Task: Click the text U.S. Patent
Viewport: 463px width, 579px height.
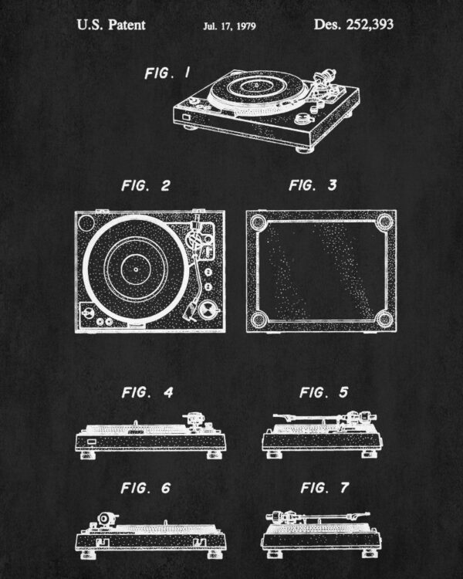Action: tap(111, 25)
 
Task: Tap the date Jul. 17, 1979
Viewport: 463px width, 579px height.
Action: tap(229, 25)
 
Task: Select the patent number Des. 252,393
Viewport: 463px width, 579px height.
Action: tap(353, 25)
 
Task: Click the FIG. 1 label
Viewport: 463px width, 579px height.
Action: tap(168, 73)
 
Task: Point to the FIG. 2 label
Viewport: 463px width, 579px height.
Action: tap(146, 185)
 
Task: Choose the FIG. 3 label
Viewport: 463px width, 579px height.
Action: tap(313, 185)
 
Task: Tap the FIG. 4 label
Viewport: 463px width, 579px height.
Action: tap(147, 392)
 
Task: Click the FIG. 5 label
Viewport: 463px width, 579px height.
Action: tap(324, 392)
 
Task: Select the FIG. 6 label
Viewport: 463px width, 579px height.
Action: tap(146, 488)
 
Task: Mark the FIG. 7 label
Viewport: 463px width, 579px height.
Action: tap(325, 488)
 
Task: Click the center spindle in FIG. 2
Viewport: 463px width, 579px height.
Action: tap(136, 269)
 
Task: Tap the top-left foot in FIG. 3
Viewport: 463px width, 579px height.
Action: tap(258, 222)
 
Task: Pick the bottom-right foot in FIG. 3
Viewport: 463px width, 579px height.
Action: tap(384, 319)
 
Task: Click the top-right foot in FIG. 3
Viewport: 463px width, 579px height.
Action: tap(385, 222)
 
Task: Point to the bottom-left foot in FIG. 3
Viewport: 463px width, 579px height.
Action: tap(259, 319)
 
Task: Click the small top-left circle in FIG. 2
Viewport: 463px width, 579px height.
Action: tap(86, 223)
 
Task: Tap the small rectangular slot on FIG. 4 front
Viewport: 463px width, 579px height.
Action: tap(91, 442)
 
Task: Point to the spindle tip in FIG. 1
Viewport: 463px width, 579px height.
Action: tap(255, 85)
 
